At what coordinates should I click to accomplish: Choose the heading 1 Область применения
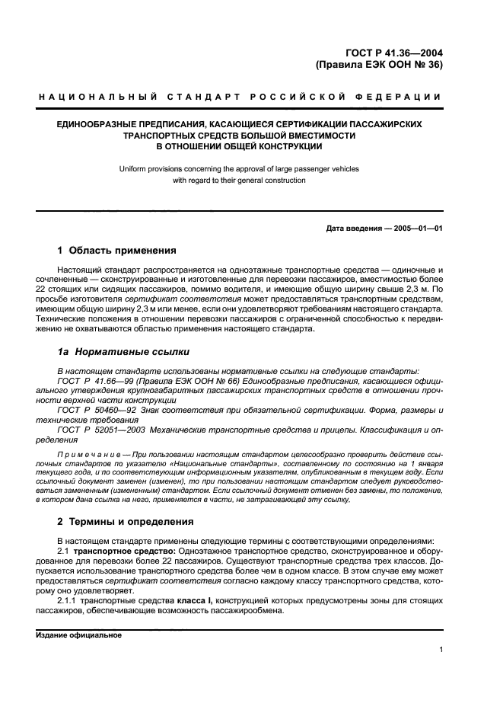117,251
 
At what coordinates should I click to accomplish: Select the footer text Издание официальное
79,635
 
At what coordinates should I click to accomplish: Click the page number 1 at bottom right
441,649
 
